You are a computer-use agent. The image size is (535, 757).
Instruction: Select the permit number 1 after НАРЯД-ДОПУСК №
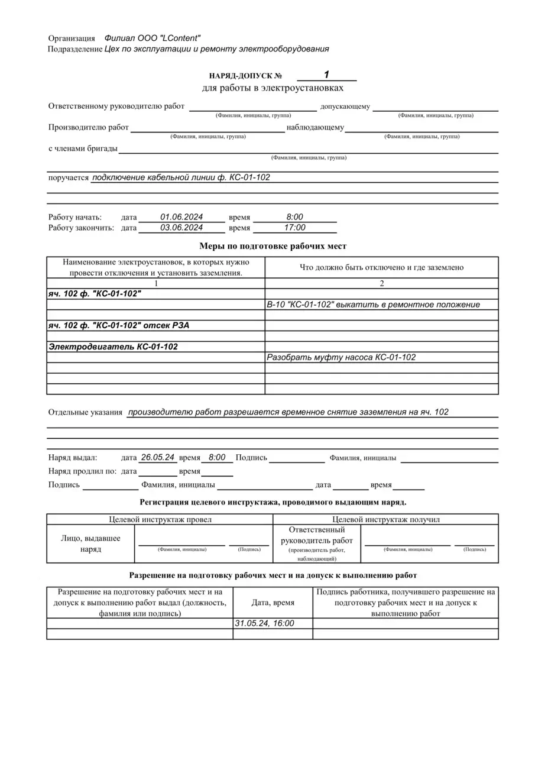[326, 75]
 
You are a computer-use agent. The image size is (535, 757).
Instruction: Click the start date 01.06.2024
[181, 217]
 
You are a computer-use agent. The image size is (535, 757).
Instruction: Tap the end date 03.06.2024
[181, 228]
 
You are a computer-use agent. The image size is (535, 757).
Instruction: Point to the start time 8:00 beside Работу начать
[294, 217]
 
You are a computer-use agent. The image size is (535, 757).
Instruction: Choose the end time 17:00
[294, 228]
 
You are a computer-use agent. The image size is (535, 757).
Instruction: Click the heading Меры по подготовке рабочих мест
[273, 246]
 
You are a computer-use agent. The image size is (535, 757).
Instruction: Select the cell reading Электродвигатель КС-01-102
[113, 347]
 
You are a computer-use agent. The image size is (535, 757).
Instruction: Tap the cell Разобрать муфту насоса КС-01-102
[341, 357]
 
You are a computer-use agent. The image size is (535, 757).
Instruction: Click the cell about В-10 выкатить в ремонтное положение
[373, 305]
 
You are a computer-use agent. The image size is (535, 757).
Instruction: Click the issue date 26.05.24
[157, 457]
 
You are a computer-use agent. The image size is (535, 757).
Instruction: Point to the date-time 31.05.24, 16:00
[265, 623]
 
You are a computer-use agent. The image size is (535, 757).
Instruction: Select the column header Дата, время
[273, 602]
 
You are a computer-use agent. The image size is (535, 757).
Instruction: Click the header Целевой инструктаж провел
[160, 519]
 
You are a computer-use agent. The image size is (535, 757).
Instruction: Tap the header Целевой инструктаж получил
[386, 519]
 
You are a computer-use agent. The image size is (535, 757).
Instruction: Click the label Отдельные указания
[85, 412]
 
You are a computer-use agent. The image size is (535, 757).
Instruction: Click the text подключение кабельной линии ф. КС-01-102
[181, 177]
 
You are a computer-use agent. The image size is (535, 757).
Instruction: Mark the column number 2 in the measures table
[382, 283]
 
